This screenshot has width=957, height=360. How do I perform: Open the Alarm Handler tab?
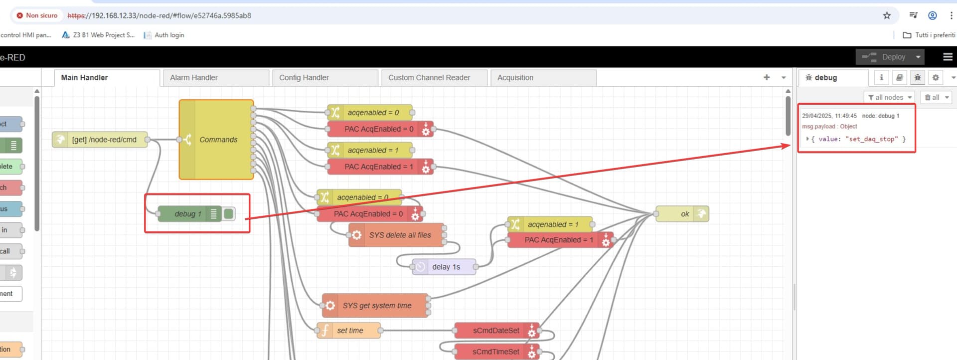[x=216, y=78]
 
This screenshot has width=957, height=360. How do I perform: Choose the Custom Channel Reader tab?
[x=434, y=78]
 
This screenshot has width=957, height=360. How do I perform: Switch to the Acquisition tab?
[x=543, y=78]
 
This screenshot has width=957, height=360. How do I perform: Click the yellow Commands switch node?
[x=216, y=140]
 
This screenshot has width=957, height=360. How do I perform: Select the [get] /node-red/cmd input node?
[x=100, y=140]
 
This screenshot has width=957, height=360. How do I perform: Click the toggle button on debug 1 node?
[x=229, y=214]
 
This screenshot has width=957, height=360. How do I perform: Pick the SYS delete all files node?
[x=396, y=235]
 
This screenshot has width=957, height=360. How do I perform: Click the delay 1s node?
[x=444, y=267]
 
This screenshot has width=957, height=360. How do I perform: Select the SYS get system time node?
[x=375, y=306]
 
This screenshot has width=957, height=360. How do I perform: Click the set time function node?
[x=348, y=330]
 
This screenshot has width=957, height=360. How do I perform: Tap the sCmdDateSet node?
[x=496, y=331]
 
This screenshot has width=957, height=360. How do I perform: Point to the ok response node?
[x=682, y=214]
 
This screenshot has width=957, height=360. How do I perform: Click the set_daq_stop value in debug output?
[x=871, y=139]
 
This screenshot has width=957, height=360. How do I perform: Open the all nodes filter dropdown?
[x=890, y=97]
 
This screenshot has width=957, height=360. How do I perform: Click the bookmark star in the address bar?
[x=887, y=15]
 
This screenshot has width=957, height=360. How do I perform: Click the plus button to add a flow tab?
[x=767, y=77]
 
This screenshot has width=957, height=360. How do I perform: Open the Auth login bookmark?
[x=164, y=35]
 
